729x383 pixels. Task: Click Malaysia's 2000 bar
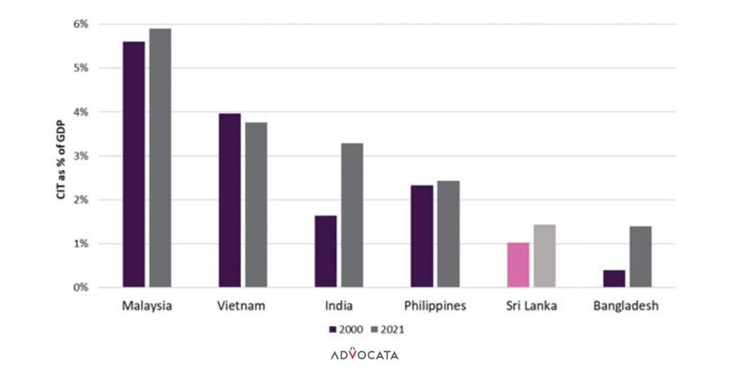click(134, 164)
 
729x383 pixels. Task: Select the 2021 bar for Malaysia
click(160, 158)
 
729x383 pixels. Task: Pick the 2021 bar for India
click(352, 216)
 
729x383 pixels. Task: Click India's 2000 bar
click(325, 251)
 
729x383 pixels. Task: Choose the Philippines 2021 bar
click(448, 234)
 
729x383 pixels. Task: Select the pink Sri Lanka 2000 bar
click(518, 265)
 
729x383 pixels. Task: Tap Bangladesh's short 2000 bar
click(614, 278)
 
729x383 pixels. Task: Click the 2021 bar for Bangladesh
click(640, 257)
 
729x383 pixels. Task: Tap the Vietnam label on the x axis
click(242, 306)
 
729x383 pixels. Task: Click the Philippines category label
click(435, 306)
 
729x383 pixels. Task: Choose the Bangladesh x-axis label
click(626, 306)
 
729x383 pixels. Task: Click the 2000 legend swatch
click(332, 330)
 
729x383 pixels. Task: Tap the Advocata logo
click(364, 354)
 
